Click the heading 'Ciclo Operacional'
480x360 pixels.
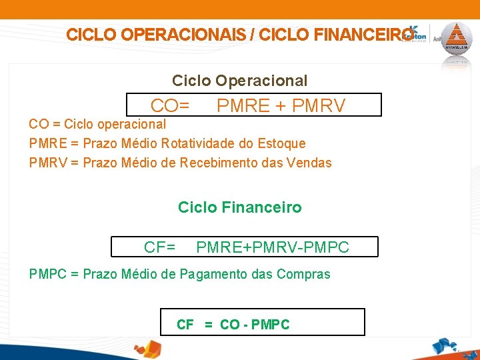pos(239,81)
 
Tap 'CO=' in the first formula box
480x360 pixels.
pos(170,105)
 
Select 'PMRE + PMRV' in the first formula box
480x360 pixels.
pos(281,105)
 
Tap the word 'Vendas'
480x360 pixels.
pos(310,163)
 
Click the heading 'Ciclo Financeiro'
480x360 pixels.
pos(239,207)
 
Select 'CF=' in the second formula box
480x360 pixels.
pos(160,247)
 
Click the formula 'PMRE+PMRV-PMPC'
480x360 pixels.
pos(272,247)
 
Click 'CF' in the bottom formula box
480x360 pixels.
pos(185,325)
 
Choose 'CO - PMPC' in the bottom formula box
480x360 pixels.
pos(255,325)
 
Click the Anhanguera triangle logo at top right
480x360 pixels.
pos(457,39)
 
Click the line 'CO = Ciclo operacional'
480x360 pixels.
pos(97,124)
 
